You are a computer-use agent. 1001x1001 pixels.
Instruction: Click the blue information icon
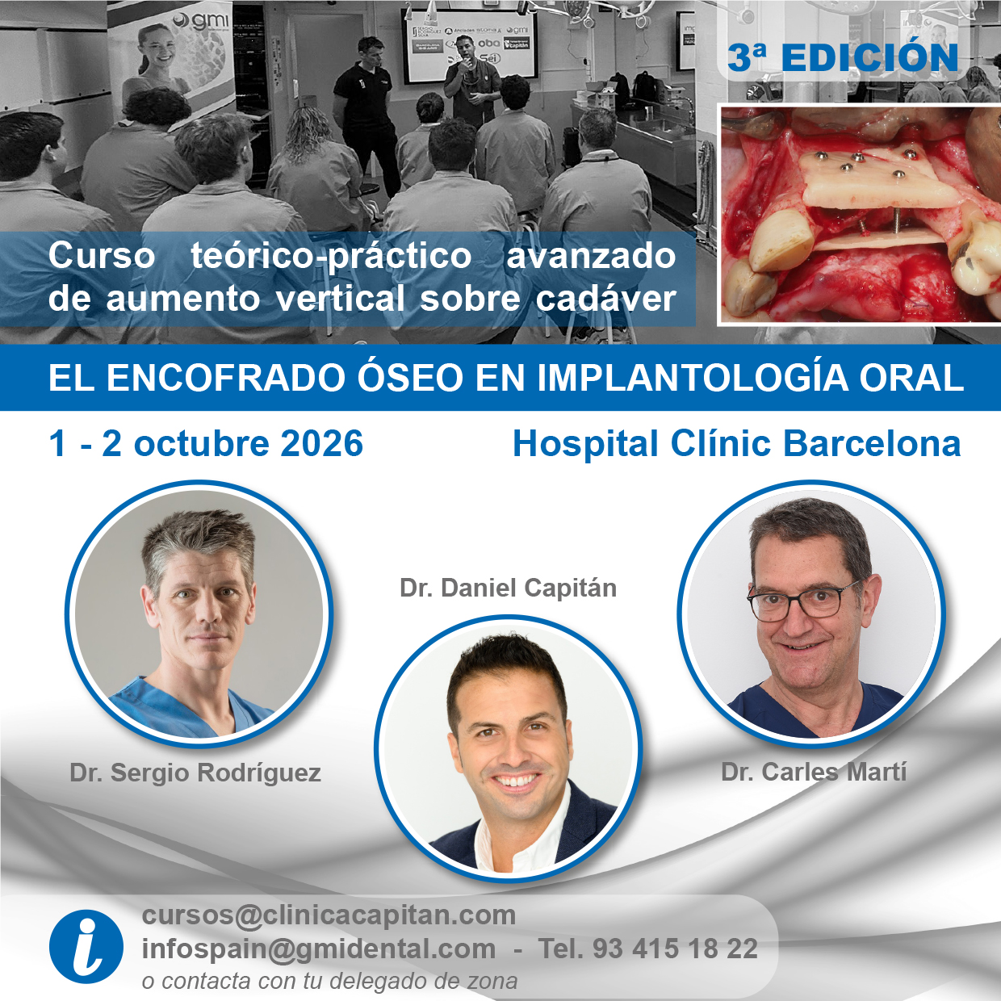pos(86,946)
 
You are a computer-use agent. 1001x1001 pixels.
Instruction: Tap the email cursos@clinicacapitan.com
pos(329,915)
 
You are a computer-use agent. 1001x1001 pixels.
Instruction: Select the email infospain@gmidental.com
pos(318,949)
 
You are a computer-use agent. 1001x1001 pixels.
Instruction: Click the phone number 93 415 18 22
pos(675,949)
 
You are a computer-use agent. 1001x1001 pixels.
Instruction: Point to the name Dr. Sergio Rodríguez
pos(195,773)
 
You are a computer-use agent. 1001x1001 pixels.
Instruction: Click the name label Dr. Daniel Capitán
pos(508,588)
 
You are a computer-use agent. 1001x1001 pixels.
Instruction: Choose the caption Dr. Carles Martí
pos(814,772)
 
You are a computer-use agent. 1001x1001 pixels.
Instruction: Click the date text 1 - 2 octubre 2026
pos(206,444)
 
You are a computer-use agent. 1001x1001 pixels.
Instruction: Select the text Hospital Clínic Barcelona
pos(736,444)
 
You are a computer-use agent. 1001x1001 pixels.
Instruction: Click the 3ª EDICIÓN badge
pos(842,58)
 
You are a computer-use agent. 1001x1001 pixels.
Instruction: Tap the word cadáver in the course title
pos(605,299)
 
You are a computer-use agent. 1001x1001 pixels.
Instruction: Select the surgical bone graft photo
pos(859,214)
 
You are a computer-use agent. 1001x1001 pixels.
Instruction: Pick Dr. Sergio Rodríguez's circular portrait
pos(199,614)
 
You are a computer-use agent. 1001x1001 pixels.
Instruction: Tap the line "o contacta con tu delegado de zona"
pos(329,982)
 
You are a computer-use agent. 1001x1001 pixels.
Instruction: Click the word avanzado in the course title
pos(590,256)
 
